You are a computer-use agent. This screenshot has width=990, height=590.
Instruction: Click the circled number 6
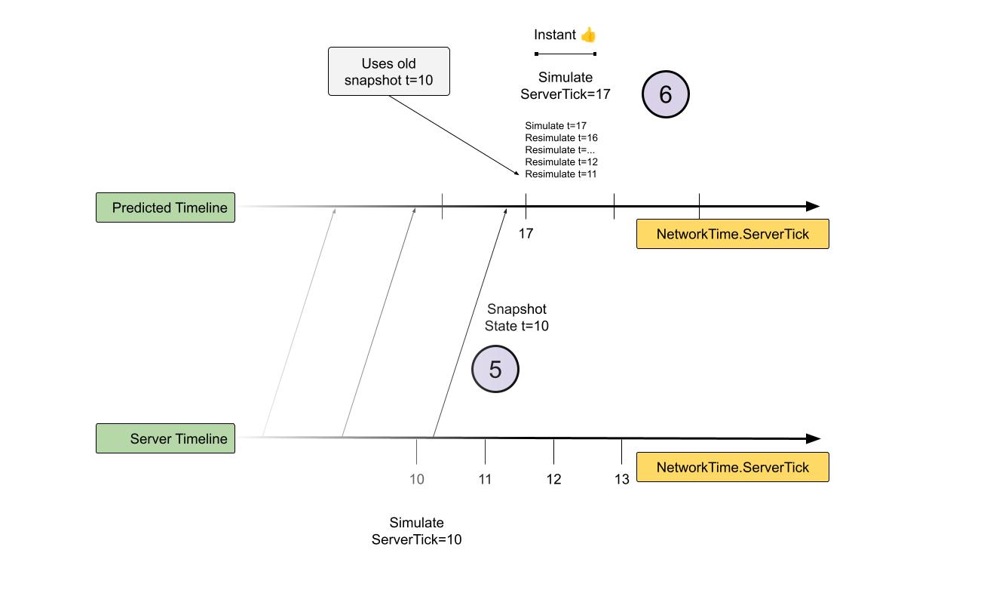(x=666, y=94)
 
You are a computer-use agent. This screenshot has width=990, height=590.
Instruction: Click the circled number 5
(x=495, y=369)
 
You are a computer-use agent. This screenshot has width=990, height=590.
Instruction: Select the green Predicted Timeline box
(x=165, y=207)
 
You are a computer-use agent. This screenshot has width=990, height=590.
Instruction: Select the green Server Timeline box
(x=165, y=438)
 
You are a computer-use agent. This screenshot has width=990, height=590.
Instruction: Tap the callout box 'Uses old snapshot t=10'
(x=388, y=72)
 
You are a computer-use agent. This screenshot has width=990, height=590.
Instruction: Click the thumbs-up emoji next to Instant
(x=588, y=35)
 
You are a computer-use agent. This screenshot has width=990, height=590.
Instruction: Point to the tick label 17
(x=526, y=234)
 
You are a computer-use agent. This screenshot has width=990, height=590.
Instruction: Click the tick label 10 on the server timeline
(x=416, y=479)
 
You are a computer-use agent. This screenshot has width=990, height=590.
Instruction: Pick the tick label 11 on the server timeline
(x=485, y=479)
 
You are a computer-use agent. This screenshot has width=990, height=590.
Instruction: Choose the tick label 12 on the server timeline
(x=553, y=479)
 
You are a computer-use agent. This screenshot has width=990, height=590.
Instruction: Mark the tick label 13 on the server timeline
(x=621, y=479)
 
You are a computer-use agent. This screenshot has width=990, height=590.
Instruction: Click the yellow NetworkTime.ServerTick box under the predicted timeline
(x=732, y=234)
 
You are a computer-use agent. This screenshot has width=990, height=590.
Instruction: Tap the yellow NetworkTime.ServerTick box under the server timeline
(x=732, y=467)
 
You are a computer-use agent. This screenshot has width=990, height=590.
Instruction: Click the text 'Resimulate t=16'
(x=561, y=138)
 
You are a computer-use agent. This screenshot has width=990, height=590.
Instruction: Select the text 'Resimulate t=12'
(x=561, y=162)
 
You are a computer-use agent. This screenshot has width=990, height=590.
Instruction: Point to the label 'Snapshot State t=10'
(x=516, y=318)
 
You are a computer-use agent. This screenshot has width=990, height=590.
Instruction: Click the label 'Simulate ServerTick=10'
(x=416, y=531)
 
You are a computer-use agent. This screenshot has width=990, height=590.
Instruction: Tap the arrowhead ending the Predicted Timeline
(x=813, y=206)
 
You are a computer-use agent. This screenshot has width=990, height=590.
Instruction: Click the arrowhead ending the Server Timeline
(x=813, y=438)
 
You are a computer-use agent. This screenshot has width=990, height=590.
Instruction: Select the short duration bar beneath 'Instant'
(x=565, y=54)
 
